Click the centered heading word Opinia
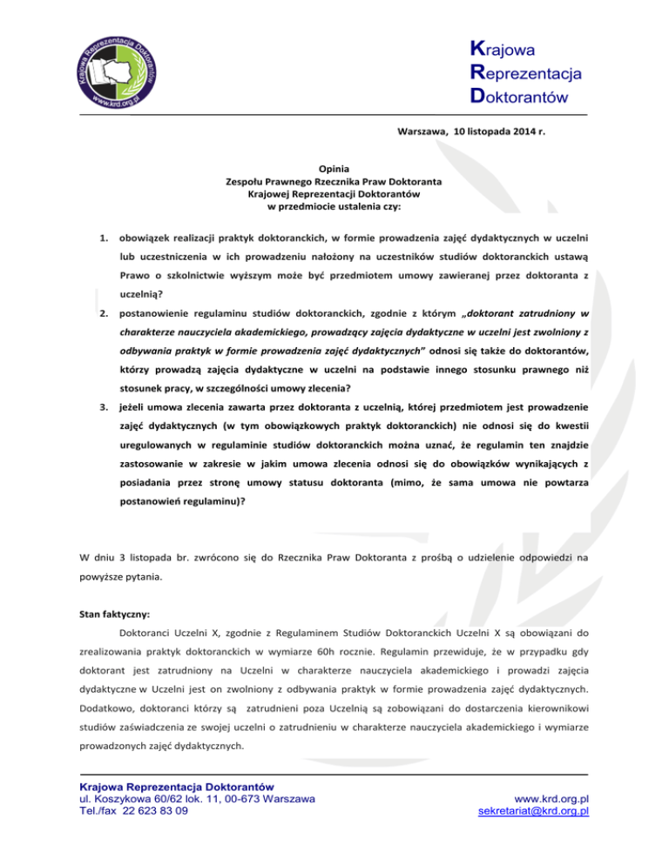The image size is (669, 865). point(333,169)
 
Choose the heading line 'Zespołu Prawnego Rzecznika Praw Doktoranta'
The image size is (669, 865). point(333,181)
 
